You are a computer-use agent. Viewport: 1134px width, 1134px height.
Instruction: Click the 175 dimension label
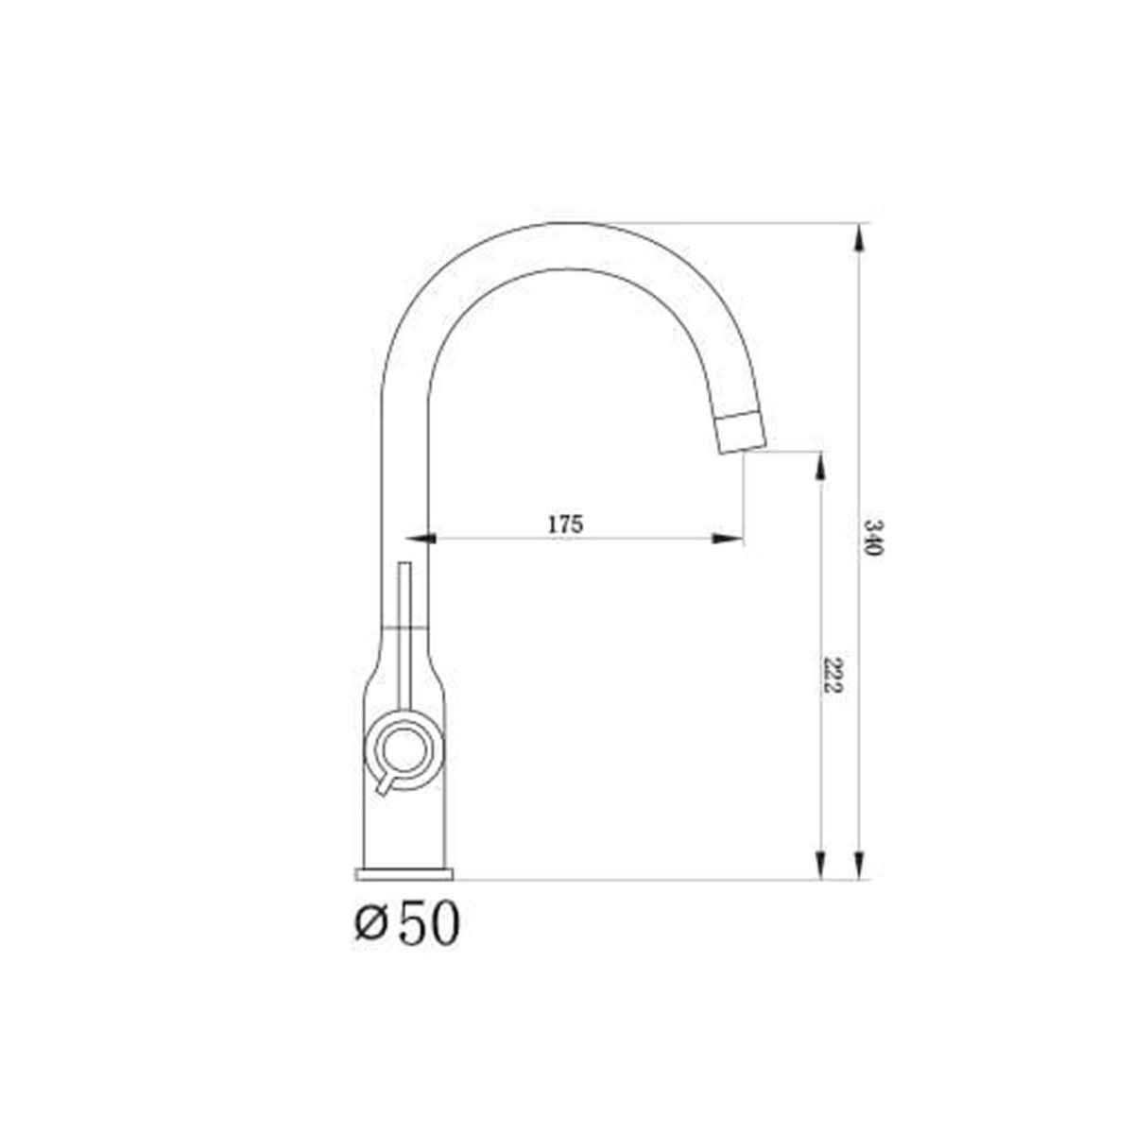(565, 524)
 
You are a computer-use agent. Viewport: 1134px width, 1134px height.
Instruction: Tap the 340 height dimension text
(872, 538)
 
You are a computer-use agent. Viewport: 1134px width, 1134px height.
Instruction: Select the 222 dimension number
(831, 675)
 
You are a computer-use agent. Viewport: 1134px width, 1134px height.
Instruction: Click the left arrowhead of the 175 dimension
(420, 538)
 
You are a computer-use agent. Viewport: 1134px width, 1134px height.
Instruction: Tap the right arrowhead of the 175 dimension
(728, 538)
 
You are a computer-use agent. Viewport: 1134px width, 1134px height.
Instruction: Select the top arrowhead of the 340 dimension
(860, 238)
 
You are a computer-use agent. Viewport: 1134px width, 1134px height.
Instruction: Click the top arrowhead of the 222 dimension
(819, 467)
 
